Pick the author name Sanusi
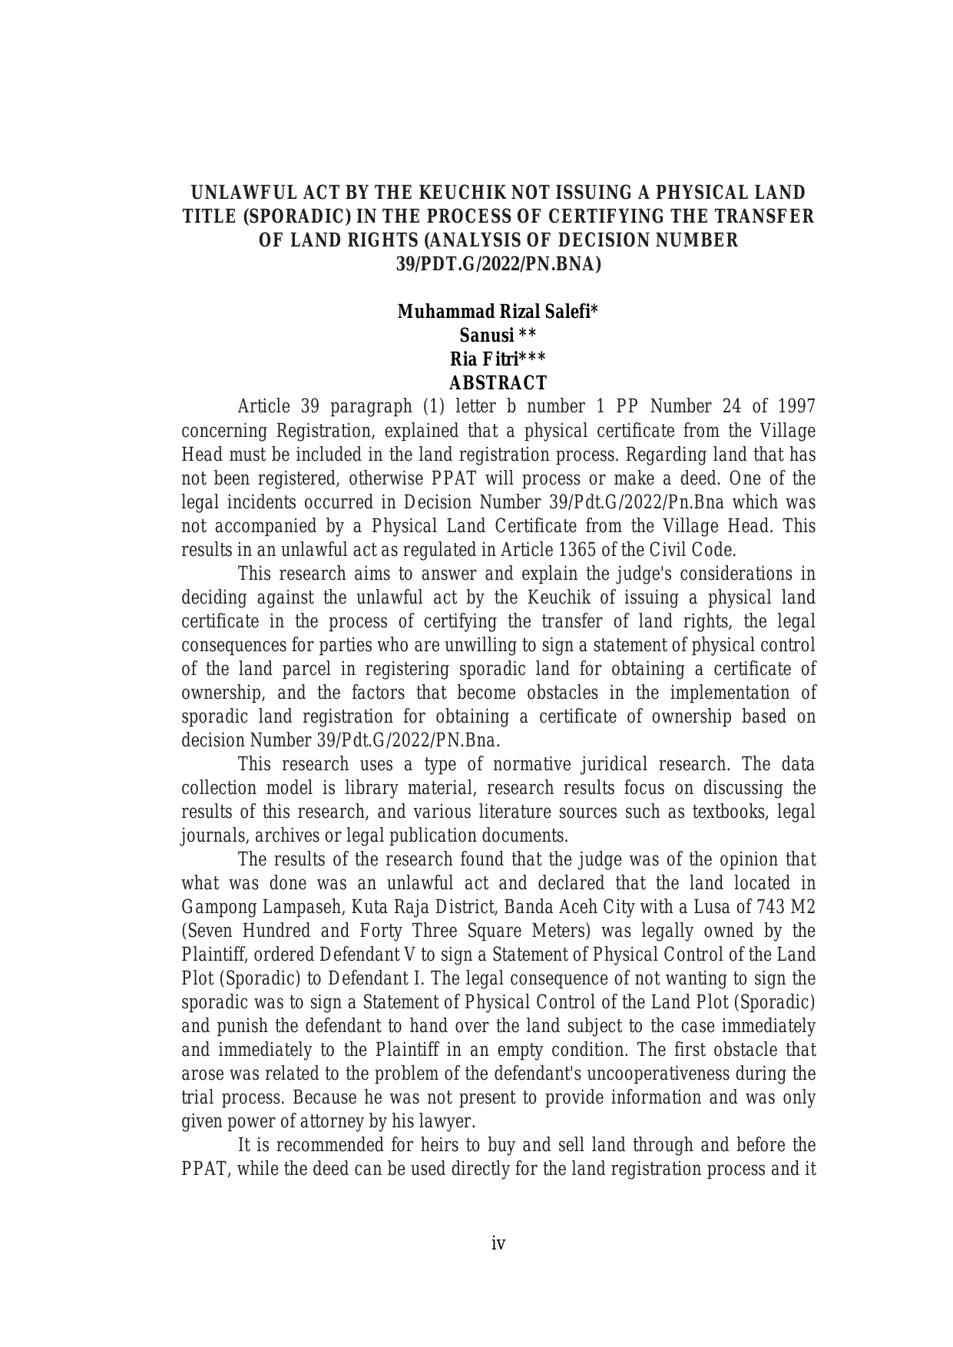[x=487, y=336]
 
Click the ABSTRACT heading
[x=498, y=383]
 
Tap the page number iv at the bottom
[x=498, y=1243]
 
